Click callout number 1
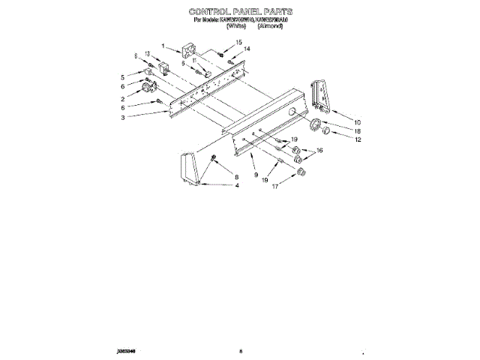pyautogui.click(x=163, y=46)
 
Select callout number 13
pyautogui.click(x=148, y=54)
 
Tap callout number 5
pyautogui.click(x=122, y=76)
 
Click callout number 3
pyautogui.click(x=122, y=117)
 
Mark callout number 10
pyautogui.click(x=357, y=121)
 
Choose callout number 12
pyautogui.click(x=358, y=139)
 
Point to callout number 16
pyautogui.click(x=320, y=151)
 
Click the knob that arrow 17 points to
pyautogui.click(x=302, y=172)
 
